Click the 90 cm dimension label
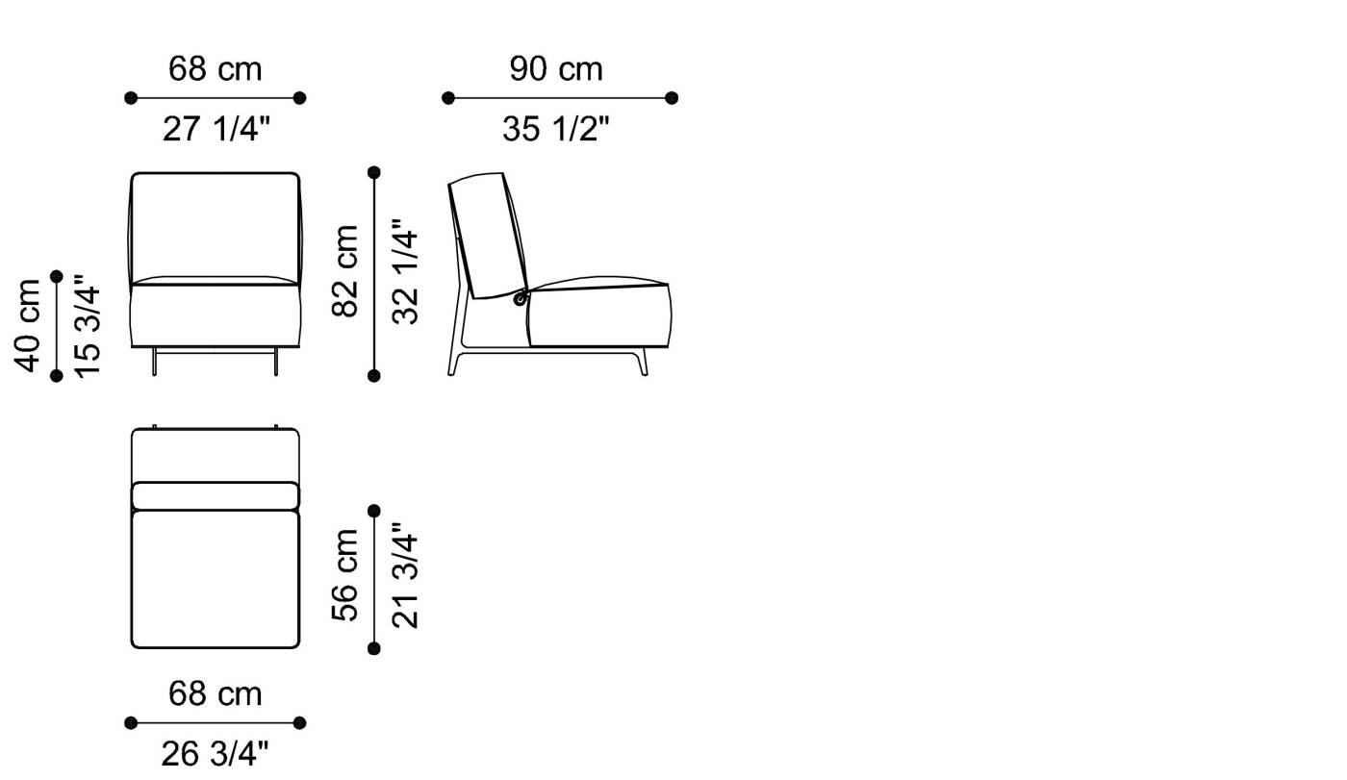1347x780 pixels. click(x=556, y=69)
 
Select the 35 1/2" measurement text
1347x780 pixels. click(x=556, y=128)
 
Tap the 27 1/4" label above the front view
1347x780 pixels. click(x=216, y=128)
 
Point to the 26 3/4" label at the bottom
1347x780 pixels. click(x=216, y=753)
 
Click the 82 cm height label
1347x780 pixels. click(x=345, y=271)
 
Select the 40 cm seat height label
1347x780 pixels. click(x=28, y=325)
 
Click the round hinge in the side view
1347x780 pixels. click(x=521, y=299)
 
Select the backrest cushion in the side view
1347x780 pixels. click(x=489, y=231)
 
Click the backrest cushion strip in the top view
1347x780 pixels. click(x=216, y=495)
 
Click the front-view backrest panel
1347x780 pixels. click(x=216, y=229)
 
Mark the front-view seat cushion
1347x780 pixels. click(x=216, y=316)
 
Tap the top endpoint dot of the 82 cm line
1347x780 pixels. click(x=374, y=172)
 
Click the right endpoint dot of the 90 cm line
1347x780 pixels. click(x=672, y=98)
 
